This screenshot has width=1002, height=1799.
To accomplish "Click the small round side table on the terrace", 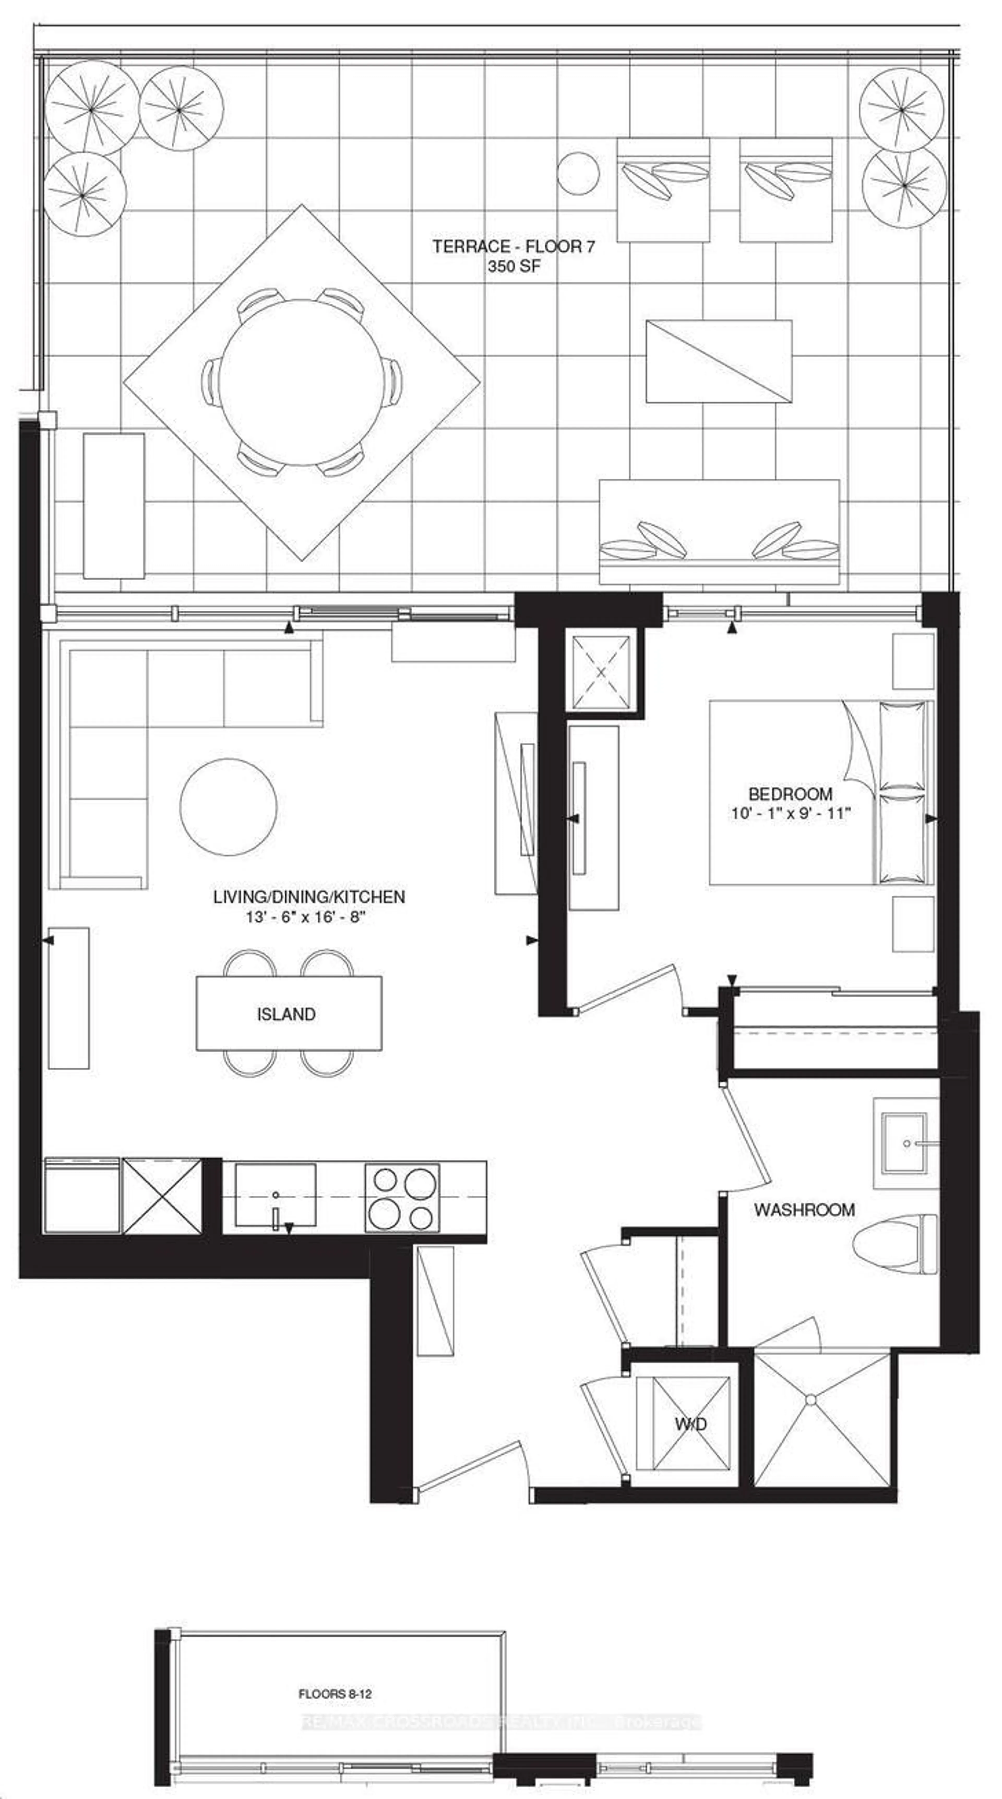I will [x=578, y=173].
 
